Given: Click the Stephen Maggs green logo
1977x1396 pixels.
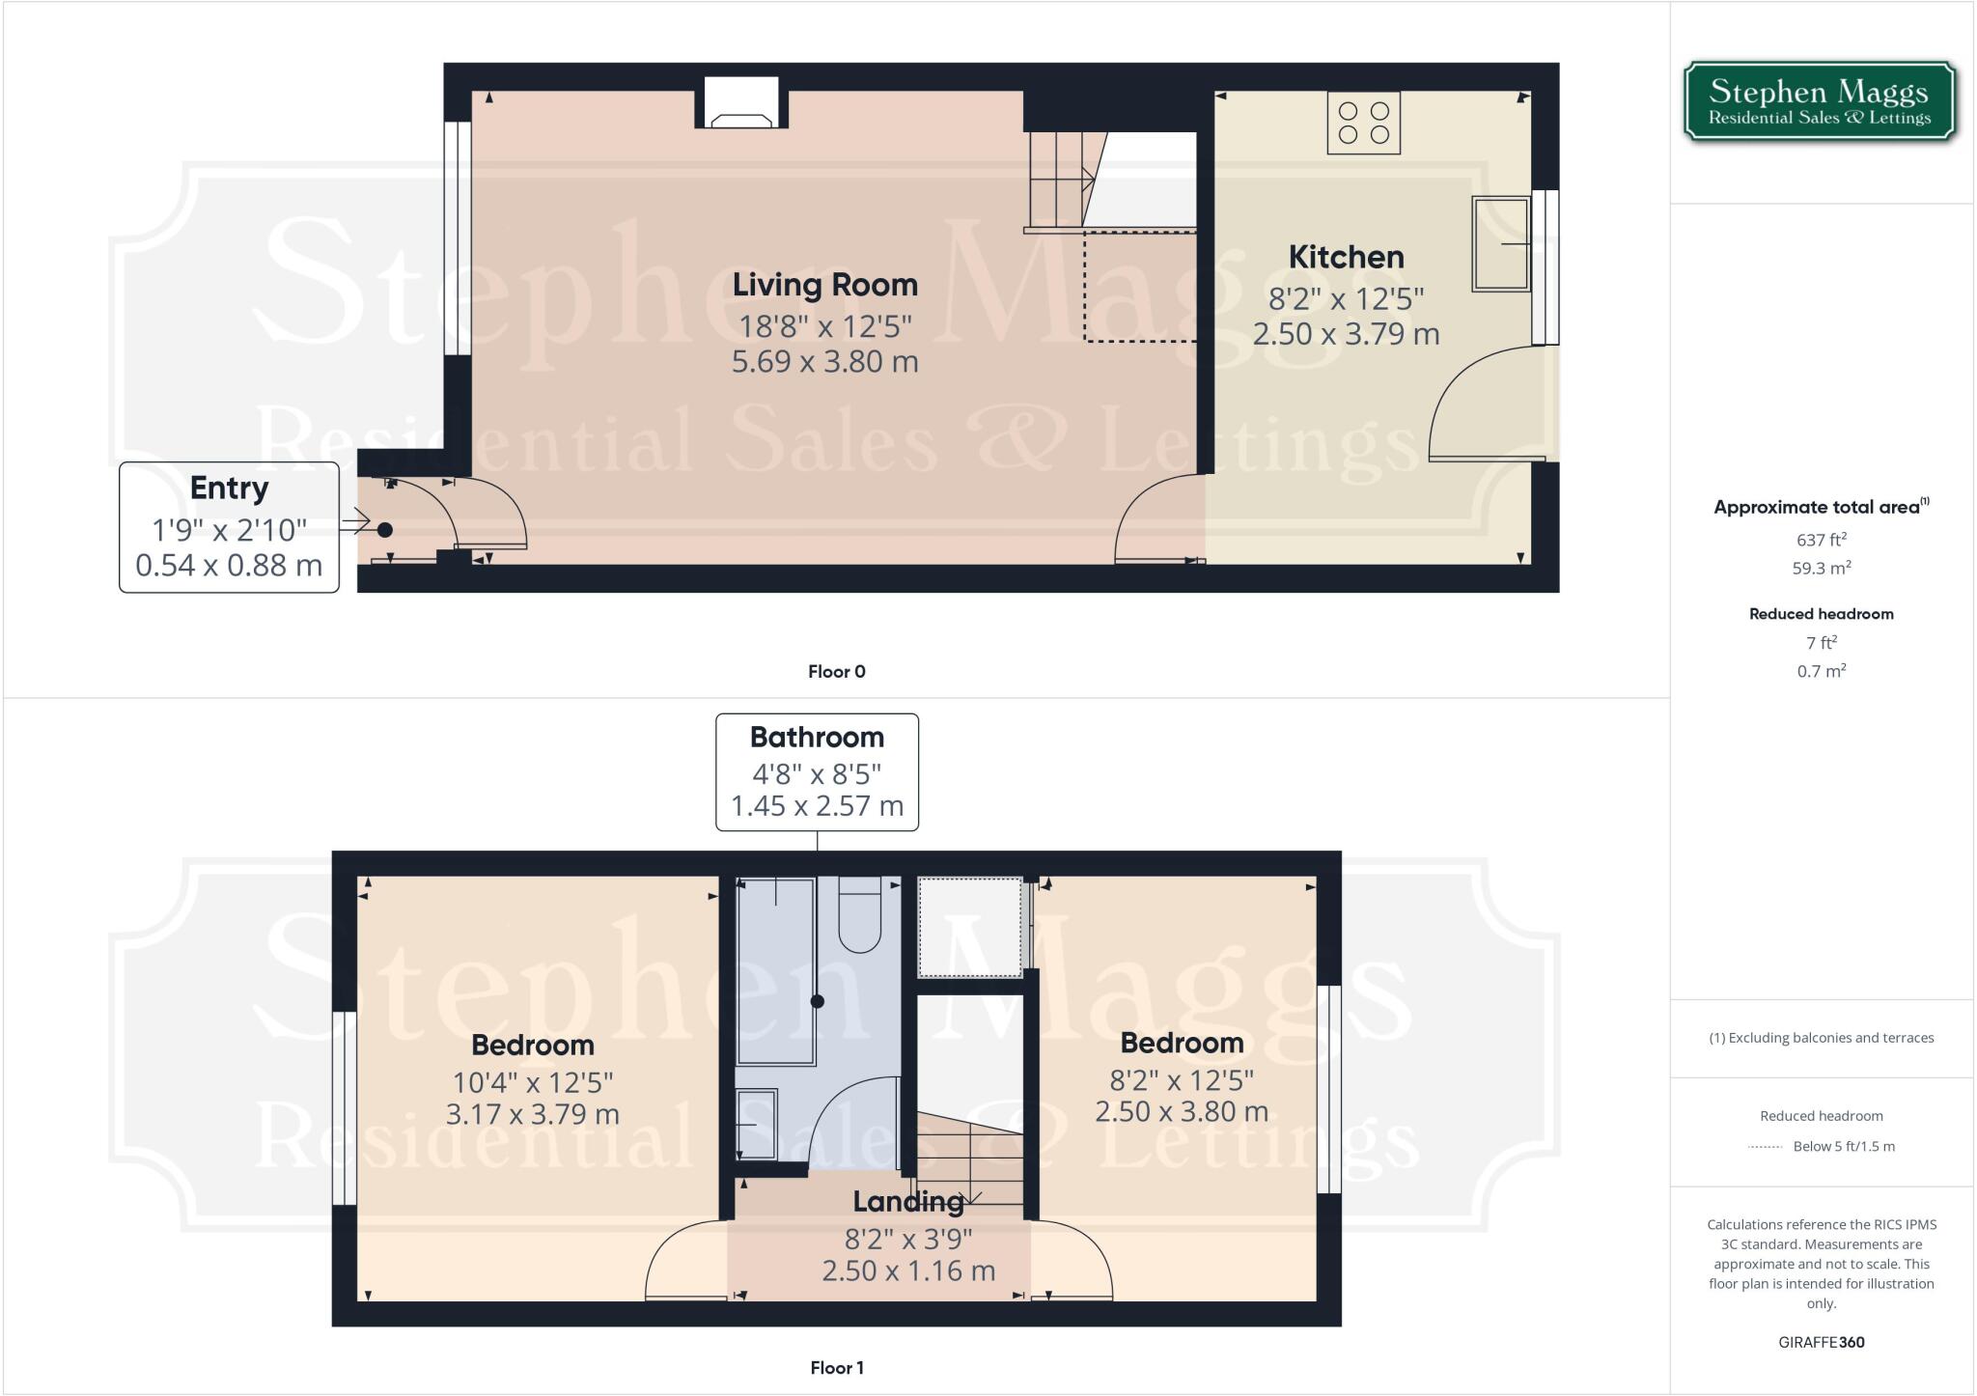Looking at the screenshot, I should click(x=1820, y=102).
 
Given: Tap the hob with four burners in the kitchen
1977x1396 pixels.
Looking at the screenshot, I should click(x=1363, y=124).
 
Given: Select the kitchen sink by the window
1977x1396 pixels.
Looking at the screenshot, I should click(x=1500, y=244).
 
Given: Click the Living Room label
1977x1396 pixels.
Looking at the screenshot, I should click(x=824, y=285).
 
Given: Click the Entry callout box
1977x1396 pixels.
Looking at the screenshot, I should click(x=229, y=527).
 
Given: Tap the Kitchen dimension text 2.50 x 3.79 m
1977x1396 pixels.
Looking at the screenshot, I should click(x=1346, y=334).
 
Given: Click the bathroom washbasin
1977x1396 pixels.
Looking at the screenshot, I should click(x=757, y=1125).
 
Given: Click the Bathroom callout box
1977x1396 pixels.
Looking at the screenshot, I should click(x=817, y=772).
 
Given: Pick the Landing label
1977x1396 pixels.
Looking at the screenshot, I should click(x=907, y=1202).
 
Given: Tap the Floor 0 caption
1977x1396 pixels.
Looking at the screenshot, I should click(x=836, y=672).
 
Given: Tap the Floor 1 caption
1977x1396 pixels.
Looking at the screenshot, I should click(x=836, y=1368).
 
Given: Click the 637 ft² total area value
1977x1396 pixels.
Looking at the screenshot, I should click(x=1821, y=540).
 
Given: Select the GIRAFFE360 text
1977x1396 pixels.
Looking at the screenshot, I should click(x=1821, y=1342).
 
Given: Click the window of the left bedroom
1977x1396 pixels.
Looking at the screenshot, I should click(x=345, y=1108).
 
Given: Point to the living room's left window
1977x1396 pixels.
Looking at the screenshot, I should click(x=458, y=238).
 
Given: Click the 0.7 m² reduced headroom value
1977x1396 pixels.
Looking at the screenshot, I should click(x=1821, y=671).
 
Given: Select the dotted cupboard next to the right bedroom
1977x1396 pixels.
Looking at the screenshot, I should click(x=969, y=927).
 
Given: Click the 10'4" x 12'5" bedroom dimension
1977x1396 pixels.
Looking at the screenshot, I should click(x=532, y=1082).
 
